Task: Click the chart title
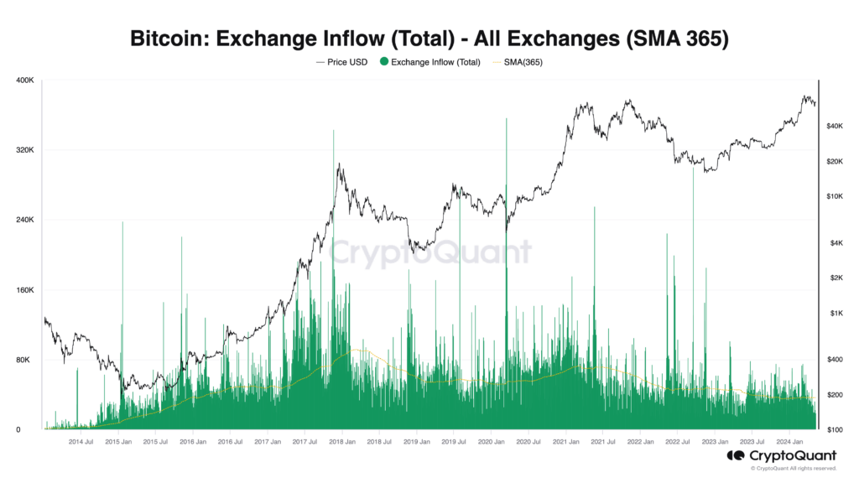(429, 39)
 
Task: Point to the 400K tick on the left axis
(24, 80)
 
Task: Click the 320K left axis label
(24, 150)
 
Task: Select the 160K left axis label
(24, 290)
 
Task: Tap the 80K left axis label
(26, 360)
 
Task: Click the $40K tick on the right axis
(833, 126)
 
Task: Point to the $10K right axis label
(833, 196)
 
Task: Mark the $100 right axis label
(833, 430)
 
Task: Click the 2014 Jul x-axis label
(81, 441)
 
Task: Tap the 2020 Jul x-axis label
(528, 441)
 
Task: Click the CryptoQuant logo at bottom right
(770, 455)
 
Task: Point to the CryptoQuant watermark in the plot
(429, 252)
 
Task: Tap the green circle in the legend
(383, 61)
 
